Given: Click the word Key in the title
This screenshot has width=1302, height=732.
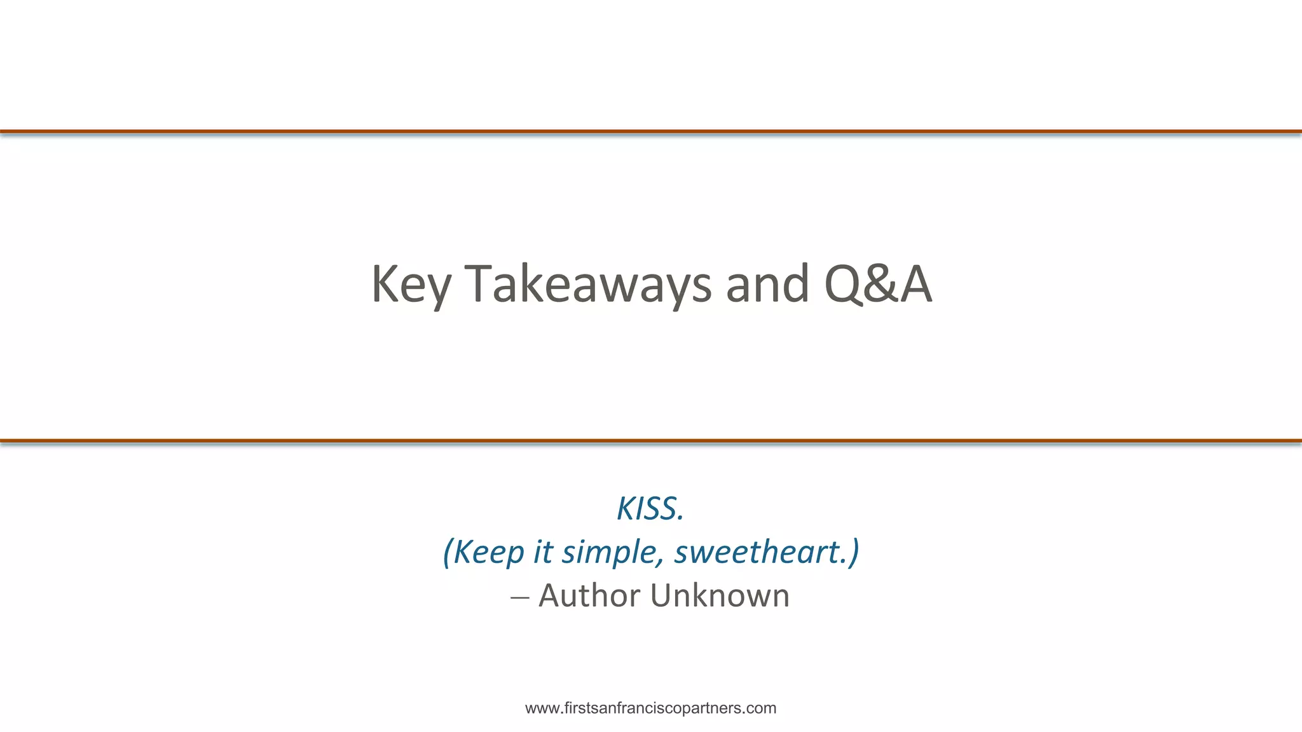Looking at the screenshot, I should [x=411, y=285].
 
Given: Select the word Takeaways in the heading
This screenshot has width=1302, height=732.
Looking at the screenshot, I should [x=588, y=285].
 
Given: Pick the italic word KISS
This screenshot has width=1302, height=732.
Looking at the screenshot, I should [x=650, y=508].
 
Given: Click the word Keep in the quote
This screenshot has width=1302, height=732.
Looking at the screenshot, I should [x=488, y=552].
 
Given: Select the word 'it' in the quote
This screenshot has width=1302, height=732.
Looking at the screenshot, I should [x=542, y=551].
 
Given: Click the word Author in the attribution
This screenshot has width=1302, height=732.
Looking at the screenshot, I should [x=589, y=595].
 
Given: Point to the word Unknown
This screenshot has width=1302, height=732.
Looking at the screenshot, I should [x=720, y=595].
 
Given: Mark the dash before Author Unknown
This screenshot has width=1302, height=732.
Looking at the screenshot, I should [x=519, y=598].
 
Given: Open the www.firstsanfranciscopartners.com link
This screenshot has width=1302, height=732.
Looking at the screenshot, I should [x=650, y=708].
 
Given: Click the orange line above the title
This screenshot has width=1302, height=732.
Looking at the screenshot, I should [x=651, y=132].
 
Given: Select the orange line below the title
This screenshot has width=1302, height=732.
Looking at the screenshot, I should [x=651, y=440].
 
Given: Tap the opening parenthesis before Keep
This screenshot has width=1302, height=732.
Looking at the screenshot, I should [x=448, y=552].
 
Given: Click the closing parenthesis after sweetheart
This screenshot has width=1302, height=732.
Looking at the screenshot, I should [x=854, y=552].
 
